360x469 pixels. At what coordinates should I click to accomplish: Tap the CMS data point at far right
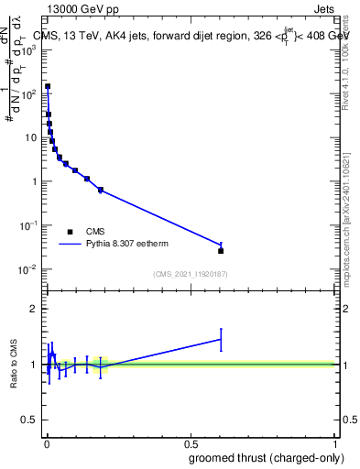pyautogui.click(x=221, y=250)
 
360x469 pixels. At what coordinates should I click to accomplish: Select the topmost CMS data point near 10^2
pyautogui.click(x=48, y=86)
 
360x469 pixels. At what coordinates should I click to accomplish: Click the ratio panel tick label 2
pyautogui.click(x=34, y=309)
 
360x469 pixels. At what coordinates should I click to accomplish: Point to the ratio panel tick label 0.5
pyautogui.click(x=30, y=420)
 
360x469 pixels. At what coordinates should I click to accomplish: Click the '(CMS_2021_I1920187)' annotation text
pyautogui.click(x=190, y=274)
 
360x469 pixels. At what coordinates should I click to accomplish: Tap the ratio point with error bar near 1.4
pyautogui.click(x=221, y=339)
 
